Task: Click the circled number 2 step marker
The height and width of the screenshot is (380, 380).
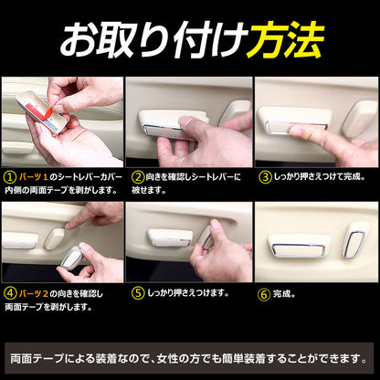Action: click(139, 174)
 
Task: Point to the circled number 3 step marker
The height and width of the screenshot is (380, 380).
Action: click(265, 174)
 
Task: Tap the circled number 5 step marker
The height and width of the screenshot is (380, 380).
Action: click(139, 295)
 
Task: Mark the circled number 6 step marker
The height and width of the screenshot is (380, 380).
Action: click(265, 295)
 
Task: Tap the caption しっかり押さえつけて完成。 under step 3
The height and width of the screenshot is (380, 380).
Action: click(320, 174)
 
